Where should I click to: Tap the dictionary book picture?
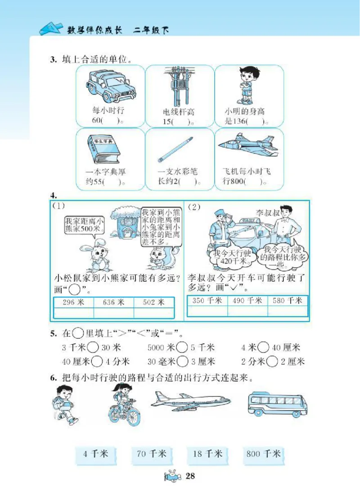(x=103, y=149)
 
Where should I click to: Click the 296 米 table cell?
(x=73, y=302)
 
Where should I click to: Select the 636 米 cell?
(x=113, y=302)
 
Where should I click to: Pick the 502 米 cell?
(x=153, y=302)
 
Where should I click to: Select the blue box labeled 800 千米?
(x=264, y=454)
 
